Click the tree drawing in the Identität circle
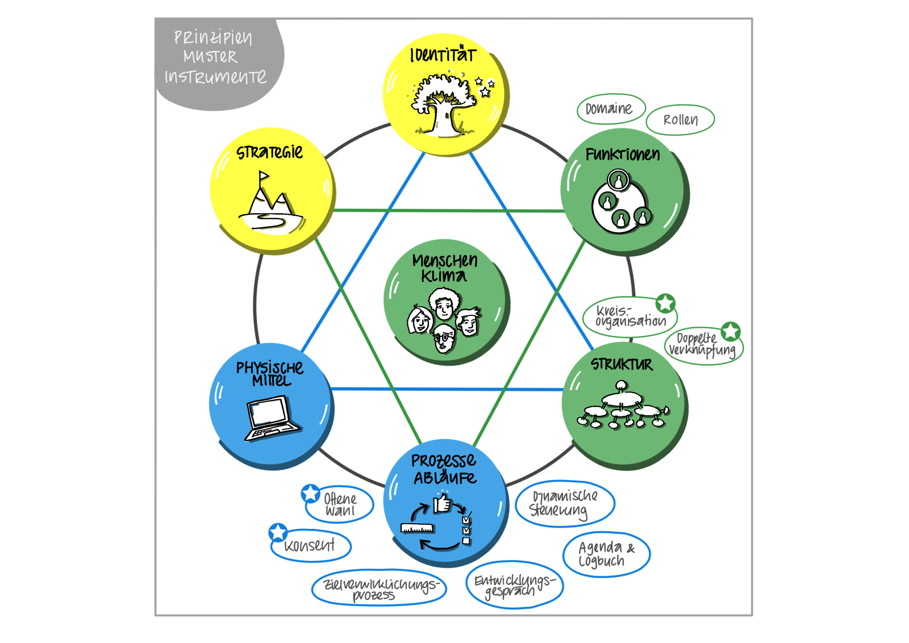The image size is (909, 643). [444, 105]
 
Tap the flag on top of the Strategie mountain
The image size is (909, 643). [264, 176]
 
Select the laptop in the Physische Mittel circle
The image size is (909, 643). [272, 418]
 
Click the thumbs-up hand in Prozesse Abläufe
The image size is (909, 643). [442, 503]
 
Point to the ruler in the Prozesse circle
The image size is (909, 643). [417, 528]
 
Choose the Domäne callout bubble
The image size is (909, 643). [611, 108]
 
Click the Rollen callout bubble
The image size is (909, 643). [680, 120]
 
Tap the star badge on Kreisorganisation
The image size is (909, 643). [665, 303]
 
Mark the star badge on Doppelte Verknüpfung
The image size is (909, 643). [731, 331]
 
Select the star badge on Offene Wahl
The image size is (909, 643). [310, 493]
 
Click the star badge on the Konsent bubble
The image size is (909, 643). [278, 532]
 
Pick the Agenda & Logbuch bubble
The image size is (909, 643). [606, 554]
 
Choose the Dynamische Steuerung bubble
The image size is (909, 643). [565, 503]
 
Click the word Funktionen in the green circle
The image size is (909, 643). [623, 155]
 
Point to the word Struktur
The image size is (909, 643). [622, 364]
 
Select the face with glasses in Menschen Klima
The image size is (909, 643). [444, 338]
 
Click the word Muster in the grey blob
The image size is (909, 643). [210, 56]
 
